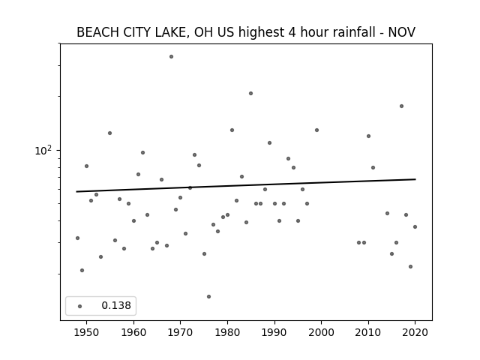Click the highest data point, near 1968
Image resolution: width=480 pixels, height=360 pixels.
(172, 57)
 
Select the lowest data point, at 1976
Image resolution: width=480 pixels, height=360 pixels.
(208, 297)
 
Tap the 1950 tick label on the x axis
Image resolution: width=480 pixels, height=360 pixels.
(87, 332)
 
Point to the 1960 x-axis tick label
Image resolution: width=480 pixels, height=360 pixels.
(133, 332)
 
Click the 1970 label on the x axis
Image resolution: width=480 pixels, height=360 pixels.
(181, 332)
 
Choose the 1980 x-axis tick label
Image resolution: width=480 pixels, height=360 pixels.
(227, 332)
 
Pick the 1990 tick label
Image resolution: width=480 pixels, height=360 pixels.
(274, 332)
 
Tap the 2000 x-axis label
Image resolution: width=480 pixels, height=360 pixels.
(322, 332)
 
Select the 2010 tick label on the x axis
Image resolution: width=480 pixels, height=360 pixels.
(368, 332)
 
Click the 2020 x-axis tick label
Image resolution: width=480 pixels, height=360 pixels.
(415, 332)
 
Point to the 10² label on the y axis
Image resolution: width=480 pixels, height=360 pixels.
(43, 150)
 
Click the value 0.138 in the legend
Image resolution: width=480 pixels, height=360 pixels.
(116, 305)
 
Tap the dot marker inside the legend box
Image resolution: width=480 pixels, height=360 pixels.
(80, 306)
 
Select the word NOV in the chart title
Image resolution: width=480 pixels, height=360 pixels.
(402, 32)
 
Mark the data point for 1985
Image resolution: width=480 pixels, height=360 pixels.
(250, 93)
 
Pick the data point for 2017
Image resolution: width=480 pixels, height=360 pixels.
(401, 106)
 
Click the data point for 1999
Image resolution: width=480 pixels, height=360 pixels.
(316, 130)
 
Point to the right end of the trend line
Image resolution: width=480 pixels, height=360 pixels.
(415, 179)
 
